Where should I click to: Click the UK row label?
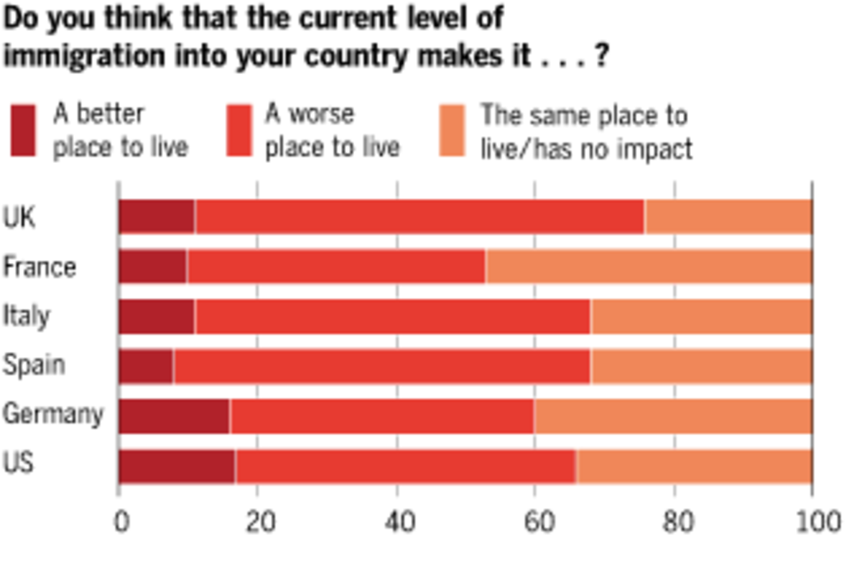coord(19,218)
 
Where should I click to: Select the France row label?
coord(40,267)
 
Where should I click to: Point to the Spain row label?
coord(34,366)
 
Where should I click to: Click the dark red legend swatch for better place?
coord(23,131)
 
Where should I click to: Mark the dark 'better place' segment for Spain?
coord(146,366)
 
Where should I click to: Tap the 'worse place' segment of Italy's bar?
coord(392,317)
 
